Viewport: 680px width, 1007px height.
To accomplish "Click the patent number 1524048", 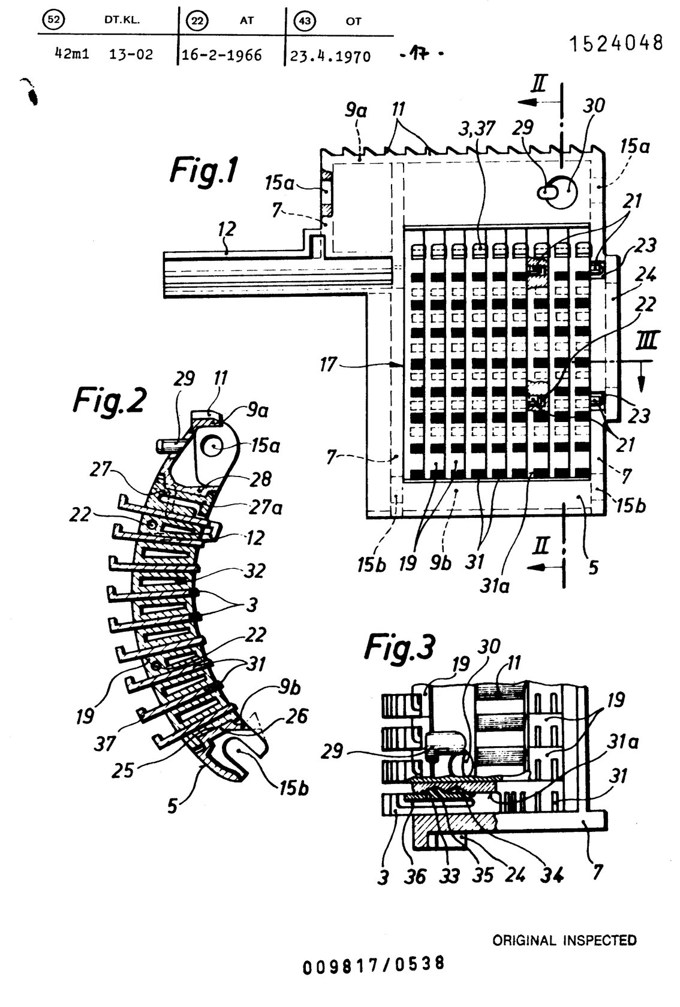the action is (616, 44).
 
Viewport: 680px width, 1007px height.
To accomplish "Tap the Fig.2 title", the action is (109, 400).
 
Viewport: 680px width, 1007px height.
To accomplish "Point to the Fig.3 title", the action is (400, 647).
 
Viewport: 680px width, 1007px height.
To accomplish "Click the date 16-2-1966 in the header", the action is (221, 55).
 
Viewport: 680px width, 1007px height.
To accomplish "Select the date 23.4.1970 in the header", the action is (330, 56).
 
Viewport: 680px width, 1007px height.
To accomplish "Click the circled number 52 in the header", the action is (53, 20).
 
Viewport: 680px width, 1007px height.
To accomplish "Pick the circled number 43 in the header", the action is (305, 20).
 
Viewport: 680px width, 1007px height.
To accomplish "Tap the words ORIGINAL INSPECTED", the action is (564, 940).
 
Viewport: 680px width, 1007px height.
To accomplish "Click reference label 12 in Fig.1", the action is (227, 230).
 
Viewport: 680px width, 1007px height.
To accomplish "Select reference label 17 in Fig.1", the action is (329, 364).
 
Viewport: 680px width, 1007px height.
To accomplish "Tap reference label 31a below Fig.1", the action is (495, 586).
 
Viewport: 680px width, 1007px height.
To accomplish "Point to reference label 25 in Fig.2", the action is (123, 770).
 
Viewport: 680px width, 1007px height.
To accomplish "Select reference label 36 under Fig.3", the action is (414, 876).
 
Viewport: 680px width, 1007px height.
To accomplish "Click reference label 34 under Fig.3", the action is (552, 875).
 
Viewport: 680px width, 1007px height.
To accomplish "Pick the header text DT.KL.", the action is (122, 20).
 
